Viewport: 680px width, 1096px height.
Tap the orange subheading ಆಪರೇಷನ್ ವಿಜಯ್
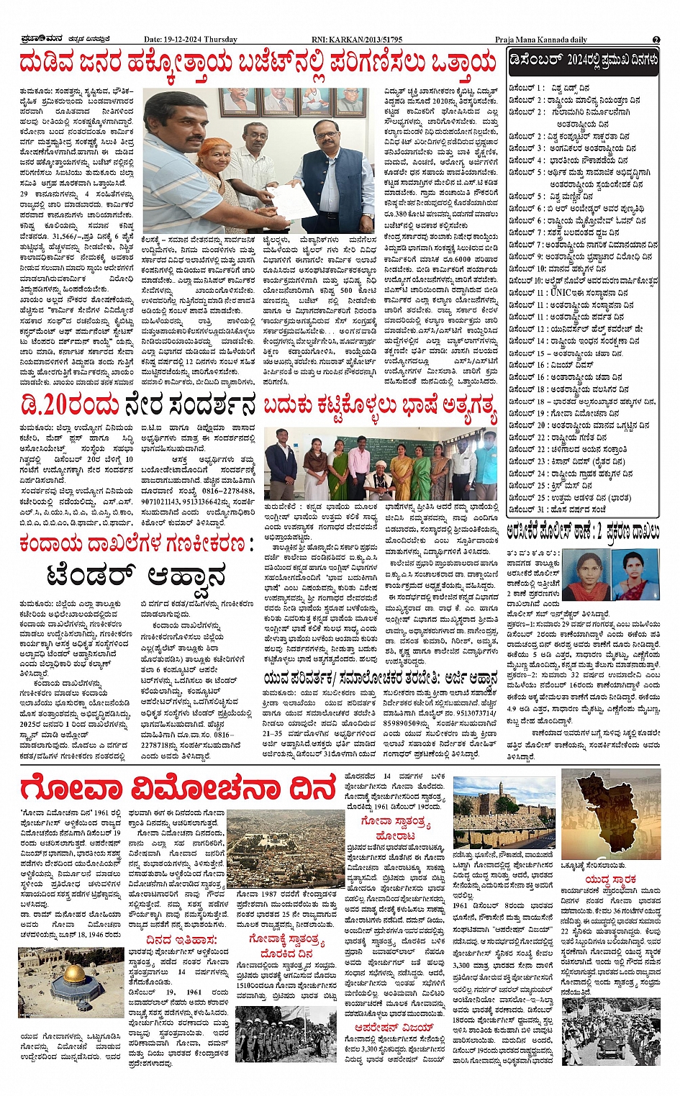[399, 1027]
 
